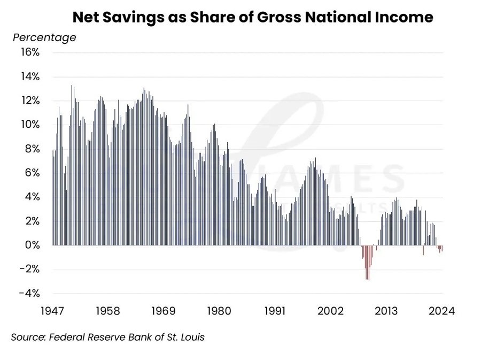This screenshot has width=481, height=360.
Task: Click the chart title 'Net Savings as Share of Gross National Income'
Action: click(x=252, y=17)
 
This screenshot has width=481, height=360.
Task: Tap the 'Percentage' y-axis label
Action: click(x=44, y=37)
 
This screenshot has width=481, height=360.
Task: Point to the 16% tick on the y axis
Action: click(x=29, y=52)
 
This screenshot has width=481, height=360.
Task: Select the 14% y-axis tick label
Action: click(x=29, y=76)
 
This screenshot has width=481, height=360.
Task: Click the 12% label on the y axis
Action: click(x=29, y=101)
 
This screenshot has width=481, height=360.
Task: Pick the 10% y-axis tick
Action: click(x=29, y=125)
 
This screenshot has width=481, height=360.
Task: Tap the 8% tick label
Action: click(x=32, y=149)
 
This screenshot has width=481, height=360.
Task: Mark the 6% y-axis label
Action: click(x=32, y=173)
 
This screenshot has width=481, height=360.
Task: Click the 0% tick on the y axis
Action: click(x=32, y=245)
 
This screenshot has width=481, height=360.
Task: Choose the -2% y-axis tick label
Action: click(x=29, y=269)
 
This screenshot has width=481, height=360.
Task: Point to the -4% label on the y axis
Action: click(x=29, y=293)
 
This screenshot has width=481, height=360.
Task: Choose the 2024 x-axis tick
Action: click(x=441, y=311)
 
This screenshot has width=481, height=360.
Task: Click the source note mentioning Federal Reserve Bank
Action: click(x=108, y=338)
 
